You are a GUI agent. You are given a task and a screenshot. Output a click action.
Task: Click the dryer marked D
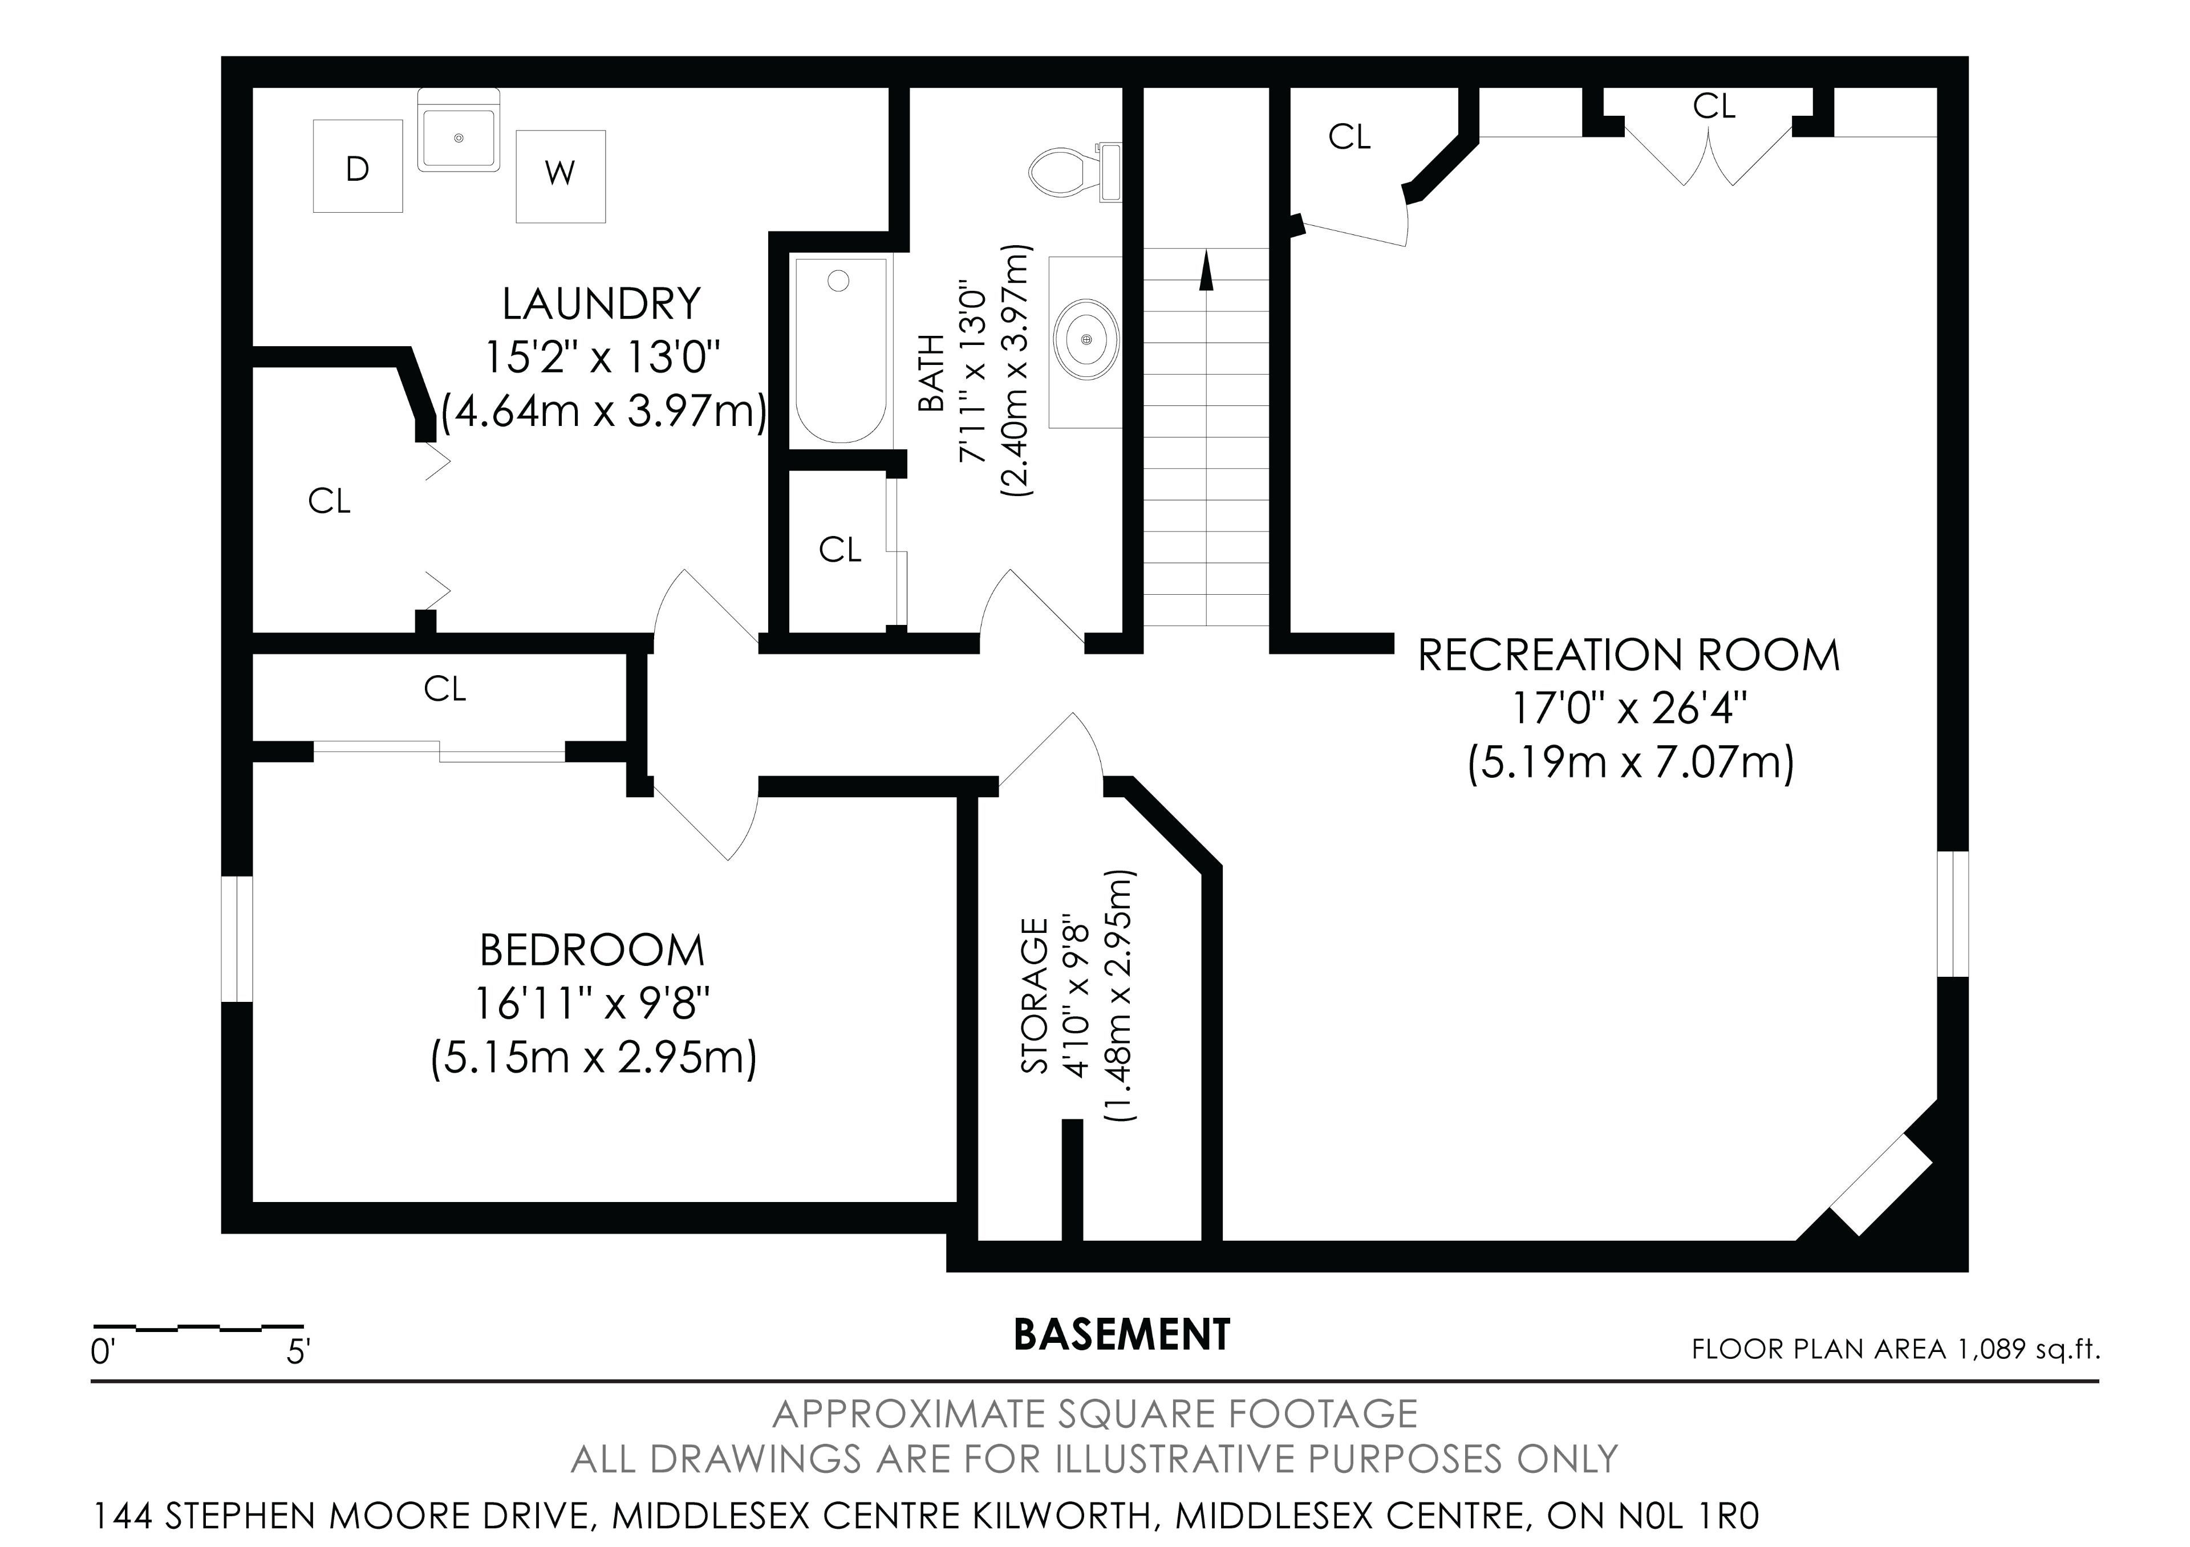tap(358, 166)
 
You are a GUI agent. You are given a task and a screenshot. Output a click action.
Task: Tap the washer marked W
tap(561, 176)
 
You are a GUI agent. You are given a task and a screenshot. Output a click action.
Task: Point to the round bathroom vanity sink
tap(1086, 339)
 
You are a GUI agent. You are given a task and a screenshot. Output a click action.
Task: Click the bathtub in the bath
tap(840, 350)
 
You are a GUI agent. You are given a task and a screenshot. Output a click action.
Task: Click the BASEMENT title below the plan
tap(1122, 1335)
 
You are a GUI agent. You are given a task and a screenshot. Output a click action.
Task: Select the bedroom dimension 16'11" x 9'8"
tap(593, 1004)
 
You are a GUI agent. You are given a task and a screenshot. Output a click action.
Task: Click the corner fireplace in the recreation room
tap(1881, 1184)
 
